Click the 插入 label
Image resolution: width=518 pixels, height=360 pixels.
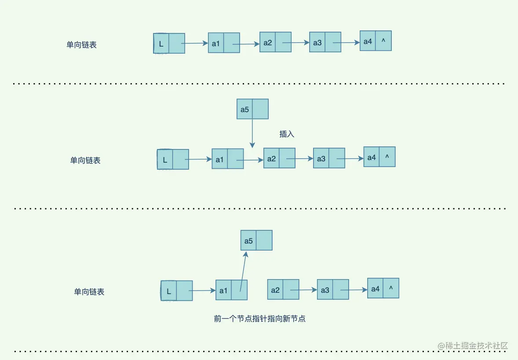pos(287,134)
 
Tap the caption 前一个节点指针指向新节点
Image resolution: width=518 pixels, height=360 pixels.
pos(260,319)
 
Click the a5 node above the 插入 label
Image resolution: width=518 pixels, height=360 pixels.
pos(252,109)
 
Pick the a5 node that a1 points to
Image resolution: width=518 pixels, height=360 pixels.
pos(256,240)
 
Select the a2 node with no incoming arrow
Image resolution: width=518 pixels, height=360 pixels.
pos(283,290)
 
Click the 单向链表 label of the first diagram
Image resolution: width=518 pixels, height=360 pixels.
pos(81,44)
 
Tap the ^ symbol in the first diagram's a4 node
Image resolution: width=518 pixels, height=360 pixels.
pos(383,41)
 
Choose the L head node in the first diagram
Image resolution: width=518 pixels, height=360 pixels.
pos(169,44)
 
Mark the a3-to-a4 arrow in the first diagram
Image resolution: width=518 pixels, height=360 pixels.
pos(350,43)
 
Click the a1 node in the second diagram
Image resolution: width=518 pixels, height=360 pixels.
pos(227,159)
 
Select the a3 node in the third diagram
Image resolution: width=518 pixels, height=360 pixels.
pos(333,290)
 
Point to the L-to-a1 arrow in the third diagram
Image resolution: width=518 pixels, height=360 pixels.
pos(204,290)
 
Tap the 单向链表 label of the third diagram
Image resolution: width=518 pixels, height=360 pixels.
pos(89,292)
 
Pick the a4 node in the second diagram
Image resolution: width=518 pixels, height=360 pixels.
pos(379,157)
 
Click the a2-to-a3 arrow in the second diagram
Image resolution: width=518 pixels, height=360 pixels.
pos(304,159)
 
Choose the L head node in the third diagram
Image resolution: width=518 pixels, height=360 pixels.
pos(177,291)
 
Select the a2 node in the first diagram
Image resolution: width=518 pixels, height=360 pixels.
pos(275,42)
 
